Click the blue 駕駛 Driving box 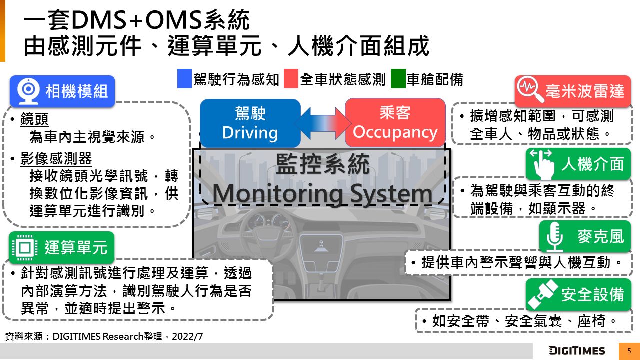click(x=250, y=123)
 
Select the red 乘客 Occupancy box click(x=395, y=123)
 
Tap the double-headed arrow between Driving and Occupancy click(x=323, y=123)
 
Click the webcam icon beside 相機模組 click(x=28, y=91)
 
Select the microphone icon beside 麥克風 click(x=554, y=236)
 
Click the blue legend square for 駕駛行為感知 click(x=184, y=79)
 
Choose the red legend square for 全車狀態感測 click(x=291, y=79)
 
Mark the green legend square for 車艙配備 click(x=398, y=79)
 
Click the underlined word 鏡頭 click(x=34, y=119)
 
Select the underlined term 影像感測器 click(x=56, y=159)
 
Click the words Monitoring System click(x=322, y=194)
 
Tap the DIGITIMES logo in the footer click(x=576, y=351)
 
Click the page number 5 click(x=629, y=351)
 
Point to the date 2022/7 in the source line click(x=187, y=336)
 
